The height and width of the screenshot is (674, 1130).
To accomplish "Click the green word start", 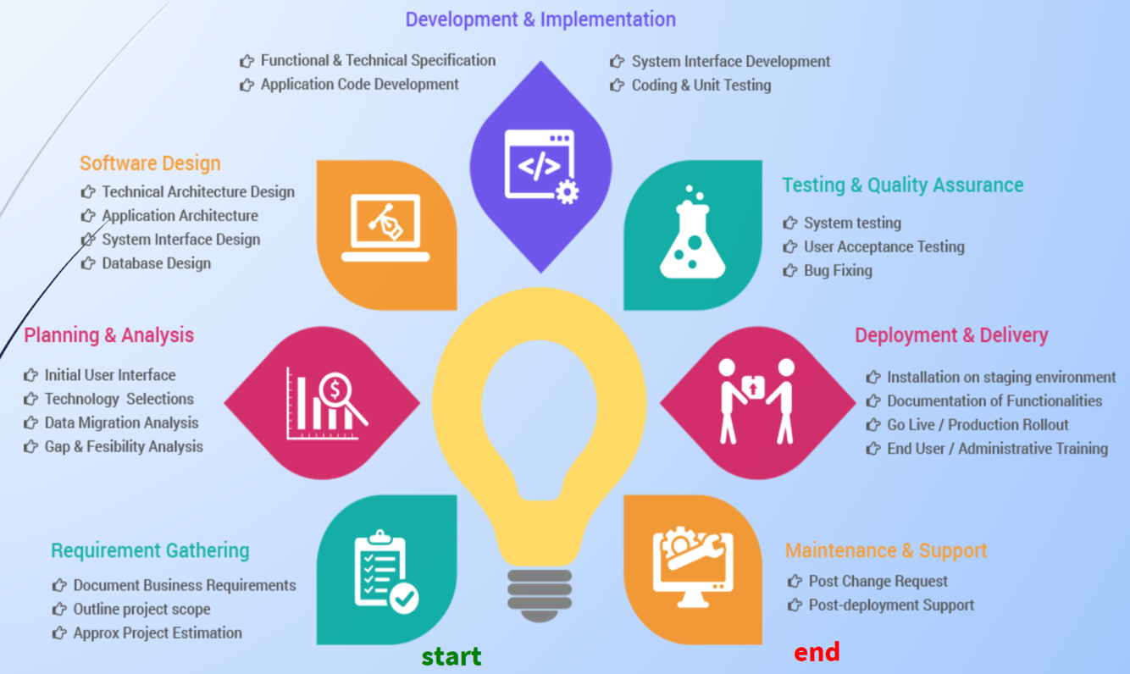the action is tap(451, 656).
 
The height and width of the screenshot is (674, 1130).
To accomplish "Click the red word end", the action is tap(817, 651).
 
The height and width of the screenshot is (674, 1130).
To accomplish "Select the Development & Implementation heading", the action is tap(540, 19).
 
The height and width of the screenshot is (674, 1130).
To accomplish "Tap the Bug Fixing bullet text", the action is tap(838, 271).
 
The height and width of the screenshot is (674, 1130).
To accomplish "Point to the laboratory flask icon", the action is tap(693, 234).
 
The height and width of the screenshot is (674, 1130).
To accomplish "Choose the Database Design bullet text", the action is tap(157, 263).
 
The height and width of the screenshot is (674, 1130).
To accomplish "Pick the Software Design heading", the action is tap(150, 163).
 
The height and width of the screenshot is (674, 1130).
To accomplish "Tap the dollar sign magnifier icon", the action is tap(325, 402).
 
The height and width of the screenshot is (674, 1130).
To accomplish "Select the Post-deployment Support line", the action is tap(891, 605).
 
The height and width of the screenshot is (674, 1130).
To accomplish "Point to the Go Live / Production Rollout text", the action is tap(978, 425).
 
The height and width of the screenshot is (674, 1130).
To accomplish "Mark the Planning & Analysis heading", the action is tap(109, 335).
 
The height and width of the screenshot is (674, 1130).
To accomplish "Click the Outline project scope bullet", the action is tap(141, 610).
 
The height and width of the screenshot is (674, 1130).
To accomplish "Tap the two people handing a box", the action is tap(756, 401).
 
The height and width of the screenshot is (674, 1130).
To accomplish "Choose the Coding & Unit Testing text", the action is tap(701, 86).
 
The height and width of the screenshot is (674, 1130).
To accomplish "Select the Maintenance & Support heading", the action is tap(886, 550).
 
